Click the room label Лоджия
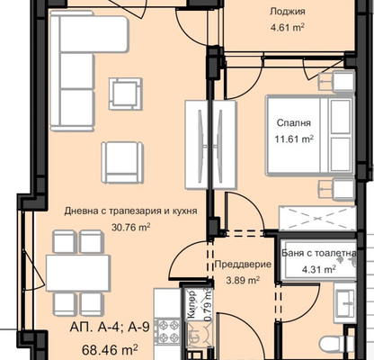coord(288,12)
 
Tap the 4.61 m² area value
coord(288,28)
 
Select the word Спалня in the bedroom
coord(294,123)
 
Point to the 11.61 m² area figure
coord(294,139)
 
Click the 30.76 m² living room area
coord(131,227)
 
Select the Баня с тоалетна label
coord(319,253)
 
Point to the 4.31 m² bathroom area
coord(319,269)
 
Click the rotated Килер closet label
coord(191,304)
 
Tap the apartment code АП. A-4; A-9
coord(110,327)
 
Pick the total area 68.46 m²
coord(110,350)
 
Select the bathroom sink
coord(345,303)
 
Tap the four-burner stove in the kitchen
coord(169,332)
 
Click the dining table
coord(78,273)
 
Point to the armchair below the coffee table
coord(122,162)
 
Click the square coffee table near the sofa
coord(126,94)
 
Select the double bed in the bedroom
coord(310,135)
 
